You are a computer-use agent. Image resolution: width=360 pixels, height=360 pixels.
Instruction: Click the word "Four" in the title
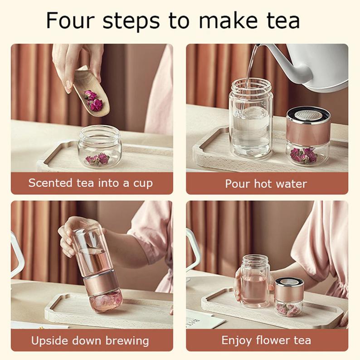pos(70,20)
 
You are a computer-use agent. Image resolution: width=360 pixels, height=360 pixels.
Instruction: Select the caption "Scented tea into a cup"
pos(91,184)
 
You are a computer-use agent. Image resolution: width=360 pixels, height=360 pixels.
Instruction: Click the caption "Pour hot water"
pos(266,184)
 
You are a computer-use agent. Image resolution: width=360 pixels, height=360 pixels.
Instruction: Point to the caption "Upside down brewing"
pos(90,341)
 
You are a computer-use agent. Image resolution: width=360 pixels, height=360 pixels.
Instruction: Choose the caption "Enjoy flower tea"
pos(266,340)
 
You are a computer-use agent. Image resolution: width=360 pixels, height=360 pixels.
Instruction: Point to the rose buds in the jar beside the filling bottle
pos(303,155)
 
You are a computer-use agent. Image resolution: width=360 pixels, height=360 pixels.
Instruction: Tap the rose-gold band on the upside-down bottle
pos(101,285)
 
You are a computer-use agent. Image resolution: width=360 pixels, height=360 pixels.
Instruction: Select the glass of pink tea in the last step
pos(255,281)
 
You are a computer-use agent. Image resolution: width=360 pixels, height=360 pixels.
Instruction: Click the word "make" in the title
pos(228,20)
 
